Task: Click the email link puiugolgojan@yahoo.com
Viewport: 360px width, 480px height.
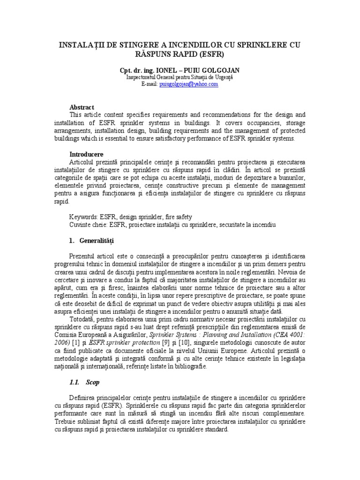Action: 188,83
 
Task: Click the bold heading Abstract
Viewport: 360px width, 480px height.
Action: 82,107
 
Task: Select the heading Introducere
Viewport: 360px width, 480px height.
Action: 86,154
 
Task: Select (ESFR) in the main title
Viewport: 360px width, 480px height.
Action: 209,54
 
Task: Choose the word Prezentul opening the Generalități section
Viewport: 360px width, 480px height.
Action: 85,257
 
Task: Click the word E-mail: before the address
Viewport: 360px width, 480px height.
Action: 150,83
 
